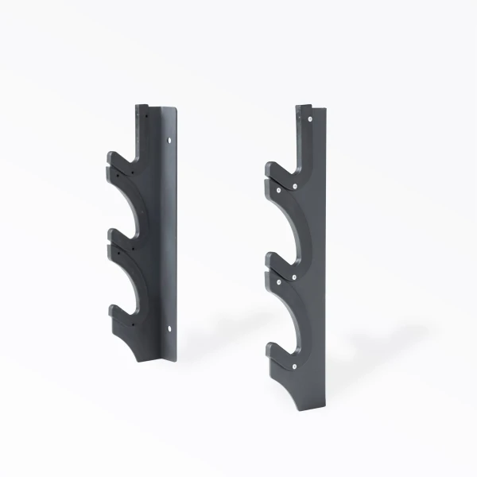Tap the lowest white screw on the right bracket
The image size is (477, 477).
click(295, 366)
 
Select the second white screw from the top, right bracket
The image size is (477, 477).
click(295, 184)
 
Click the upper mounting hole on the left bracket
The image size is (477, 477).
click(169, 141)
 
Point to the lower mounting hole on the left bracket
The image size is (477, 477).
click(169, 326)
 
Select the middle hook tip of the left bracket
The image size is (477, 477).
click(110, 238)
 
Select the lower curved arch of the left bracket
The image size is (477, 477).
click(132, 278)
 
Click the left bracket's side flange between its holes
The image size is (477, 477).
click(168, 235)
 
